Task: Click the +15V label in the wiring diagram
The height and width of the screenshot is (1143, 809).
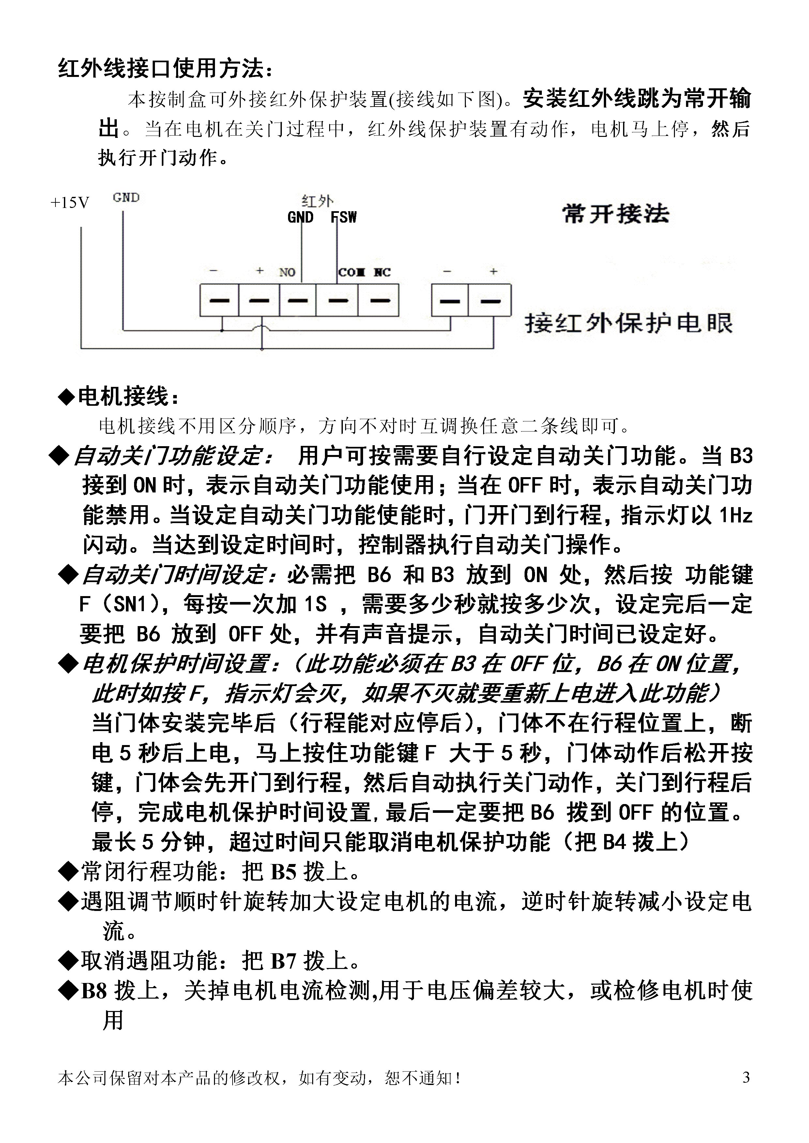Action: click(x=70, y=203)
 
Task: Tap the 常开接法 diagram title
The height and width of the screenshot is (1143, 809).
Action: click(x=616, y=214)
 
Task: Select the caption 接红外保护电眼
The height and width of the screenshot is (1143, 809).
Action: click(x=629, y=324)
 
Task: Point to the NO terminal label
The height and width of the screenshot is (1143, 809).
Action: click(x=287, y=272)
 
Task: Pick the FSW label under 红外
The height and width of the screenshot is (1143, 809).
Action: click(x=344, y=217)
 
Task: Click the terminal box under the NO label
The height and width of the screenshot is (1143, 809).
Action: click(x=298, y=300)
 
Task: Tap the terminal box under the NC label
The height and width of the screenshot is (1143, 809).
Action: click(x=379, y=300)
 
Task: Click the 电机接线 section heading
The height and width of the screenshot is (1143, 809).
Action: click(x=124, y=397)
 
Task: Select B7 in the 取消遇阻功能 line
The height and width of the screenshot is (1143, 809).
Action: click(x=283, y=961)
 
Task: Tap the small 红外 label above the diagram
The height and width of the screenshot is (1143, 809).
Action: click(x=317, y=201)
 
